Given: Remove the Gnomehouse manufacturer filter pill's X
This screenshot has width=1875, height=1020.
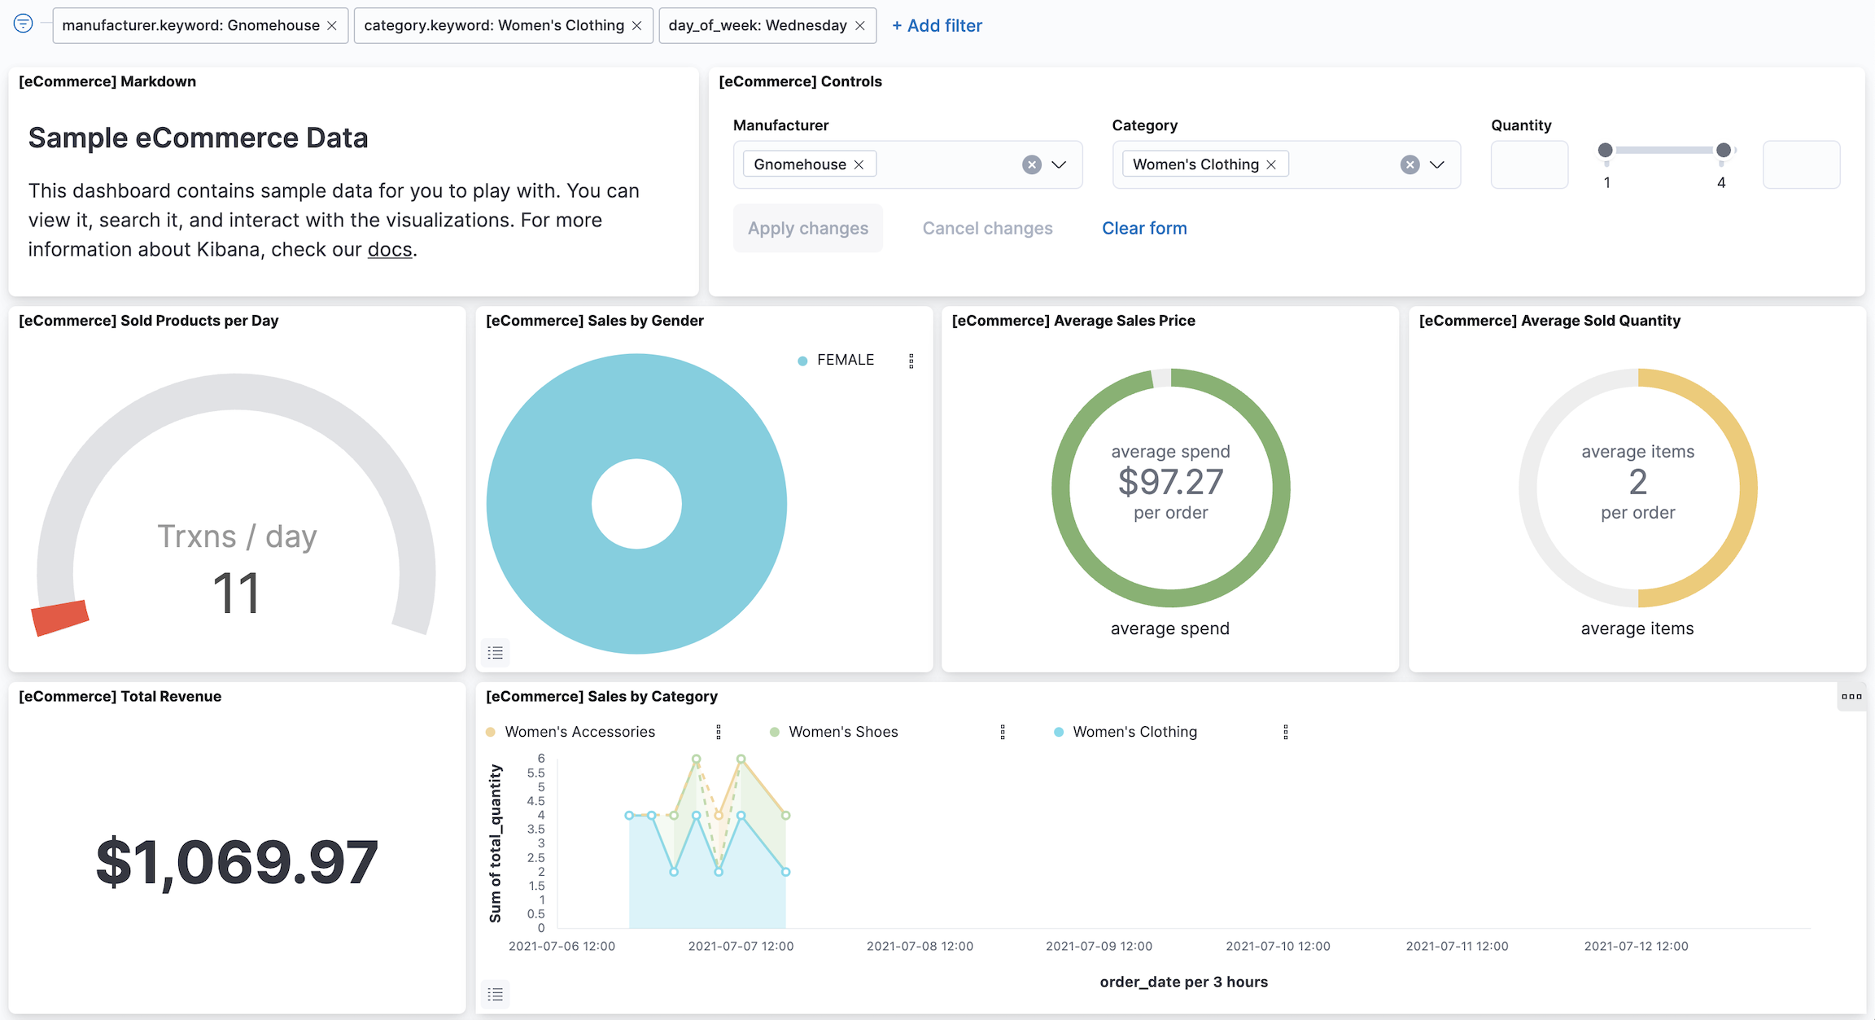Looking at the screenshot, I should coord(332,26).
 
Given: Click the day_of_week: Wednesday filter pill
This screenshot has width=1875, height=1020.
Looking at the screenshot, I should coord(757,26).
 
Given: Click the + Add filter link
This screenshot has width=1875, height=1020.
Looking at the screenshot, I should coord(937,26).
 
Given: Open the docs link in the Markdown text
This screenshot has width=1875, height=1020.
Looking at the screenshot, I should coord(390,250).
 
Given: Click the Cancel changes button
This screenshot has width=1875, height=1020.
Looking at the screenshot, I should coord(987,229).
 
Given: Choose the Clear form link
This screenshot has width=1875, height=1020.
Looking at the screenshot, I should coord(1144,229).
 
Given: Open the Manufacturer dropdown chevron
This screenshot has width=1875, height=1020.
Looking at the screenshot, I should coord(1059,165).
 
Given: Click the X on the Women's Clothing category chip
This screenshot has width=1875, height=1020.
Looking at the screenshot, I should coord(1271,165).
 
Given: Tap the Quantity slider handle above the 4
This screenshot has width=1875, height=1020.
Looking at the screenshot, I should coord(1724,151).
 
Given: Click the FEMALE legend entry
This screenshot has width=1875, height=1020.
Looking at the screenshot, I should coord(845,360).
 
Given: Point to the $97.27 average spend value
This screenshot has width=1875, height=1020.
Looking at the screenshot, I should coord(1170,482).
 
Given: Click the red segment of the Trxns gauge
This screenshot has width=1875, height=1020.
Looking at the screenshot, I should coord(59,618).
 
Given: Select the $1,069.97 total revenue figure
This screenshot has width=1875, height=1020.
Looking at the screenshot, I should coord(237,862).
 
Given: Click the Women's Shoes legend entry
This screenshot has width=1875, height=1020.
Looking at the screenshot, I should coord(843,732).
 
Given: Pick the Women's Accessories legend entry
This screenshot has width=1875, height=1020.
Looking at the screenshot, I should coord(579,732).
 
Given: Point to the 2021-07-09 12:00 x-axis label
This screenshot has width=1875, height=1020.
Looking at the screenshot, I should coord(1099,946).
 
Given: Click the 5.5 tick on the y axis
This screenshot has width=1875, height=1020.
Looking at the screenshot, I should coord(535,773).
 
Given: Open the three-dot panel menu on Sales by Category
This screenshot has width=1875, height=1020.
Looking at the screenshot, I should coord(1851,697).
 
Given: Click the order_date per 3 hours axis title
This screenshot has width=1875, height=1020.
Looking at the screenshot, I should coord(1183,982).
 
